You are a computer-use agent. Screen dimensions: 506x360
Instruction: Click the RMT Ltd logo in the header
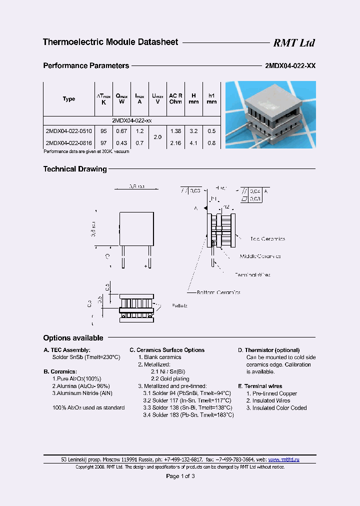[x=293, y=43]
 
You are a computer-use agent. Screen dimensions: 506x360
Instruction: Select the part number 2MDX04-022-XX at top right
[x=289, y=66]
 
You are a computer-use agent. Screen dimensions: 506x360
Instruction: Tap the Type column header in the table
[x=69, y=99]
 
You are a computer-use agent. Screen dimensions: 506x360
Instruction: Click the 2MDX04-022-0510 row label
[x=68, y=131]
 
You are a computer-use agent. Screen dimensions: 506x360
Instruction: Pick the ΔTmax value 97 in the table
[x=103, y=143]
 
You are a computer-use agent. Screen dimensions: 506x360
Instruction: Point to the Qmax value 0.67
[x=121, y=131]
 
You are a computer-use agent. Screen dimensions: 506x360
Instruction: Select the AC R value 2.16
[x=175, y=143]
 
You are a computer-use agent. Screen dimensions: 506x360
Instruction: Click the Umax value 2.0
[x=157, y=137]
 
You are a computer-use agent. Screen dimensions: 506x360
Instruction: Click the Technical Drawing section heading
[x=75, y=169]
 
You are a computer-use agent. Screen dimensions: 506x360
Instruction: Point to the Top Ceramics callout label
[x=267, y=239]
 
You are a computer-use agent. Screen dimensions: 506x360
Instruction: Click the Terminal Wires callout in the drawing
[x=252, y=274]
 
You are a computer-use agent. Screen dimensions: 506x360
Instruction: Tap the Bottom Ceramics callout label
[x=218, y=292]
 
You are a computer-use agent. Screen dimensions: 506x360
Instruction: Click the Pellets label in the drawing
[x=179, y=305]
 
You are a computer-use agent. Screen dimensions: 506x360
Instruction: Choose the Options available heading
[x=73, y=338]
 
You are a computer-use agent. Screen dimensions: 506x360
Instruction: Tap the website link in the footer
[x=284, y=459]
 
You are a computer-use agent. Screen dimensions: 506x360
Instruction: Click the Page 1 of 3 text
[x=180, y=476]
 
